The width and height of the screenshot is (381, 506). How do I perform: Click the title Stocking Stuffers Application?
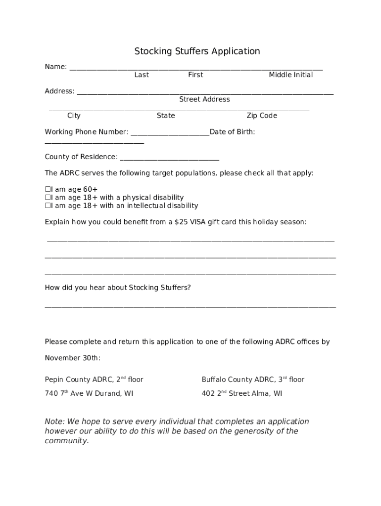click(x=197, y=51)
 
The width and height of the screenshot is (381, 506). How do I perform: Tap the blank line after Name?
click(x=196, y=68)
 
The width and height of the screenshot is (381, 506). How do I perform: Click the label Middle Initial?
click(x=290, y=75)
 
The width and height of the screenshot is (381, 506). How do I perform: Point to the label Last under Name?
click(x=142, y=75)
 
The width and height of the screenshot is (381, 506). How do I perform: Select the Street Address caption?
click(x=204, y=99)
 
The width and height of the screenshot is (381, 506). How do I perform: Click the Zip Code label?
click(x=262, y=116)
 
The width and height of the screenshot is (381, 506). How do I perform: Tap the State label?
click(x=166, y=116)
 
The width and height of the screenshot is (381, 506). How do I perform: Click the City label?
click(x=74, y=116)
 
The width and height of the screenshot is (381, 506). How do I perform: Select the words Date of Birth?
click(x=233, y=132)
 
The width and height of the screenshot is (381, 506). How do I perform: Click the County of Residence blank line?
click(x=169, y=158)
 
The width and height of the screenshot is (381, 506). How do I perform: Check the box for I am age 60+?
click(x=48, y=189)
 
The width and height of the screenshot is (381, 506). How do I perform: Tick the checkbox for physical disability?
click(x=48, y=198)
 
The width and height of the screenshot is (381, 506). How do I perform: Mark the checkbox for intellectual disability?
click(x=48, y=206)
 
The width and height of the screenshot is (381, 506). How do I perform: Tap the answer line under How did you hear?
click(x=190, y=306)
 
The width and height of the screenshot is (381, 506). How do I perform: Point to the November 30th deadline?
click(x=73, y=358)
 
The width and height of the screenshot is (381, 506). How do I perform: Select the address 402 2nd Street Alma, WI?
click(x=242, y=394)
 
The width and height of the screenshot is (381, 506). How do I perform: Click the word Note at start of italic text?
click(x=54, y=422)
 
